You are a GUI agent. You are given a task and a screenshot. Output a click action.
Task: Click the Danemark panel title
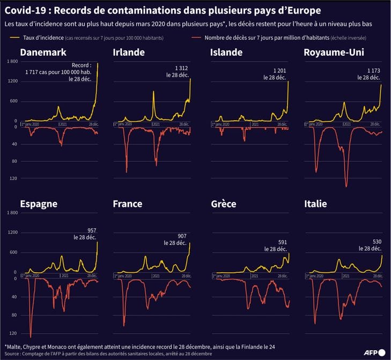tap(43, 52)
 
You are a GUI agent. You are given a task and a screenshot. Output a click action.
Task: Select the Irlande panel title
tap(130, 52)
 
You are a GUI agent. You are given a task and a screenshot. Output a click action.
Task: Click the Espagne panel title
tap(39, 204)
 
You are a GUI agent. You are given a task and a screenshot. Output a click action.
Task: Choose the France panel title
tap(128, 204)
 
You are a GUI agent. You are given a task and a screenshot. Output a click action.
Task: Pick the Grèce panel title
tap(224, 204)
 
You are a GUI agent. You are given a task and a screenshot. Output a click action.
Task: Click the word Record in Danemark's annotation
tap(81, 65)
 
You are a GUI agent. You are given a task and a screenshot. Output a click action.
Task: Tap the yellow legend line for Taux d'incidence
tap(15, 37)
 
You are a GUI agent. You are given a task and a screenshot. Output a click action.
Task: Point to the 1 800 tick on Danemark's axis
tap(11, 62)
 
